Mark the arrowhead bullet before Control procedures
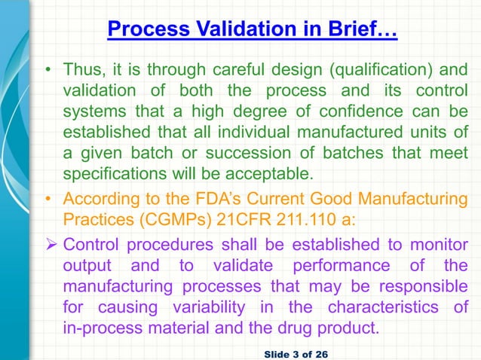tap(49, 245)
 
